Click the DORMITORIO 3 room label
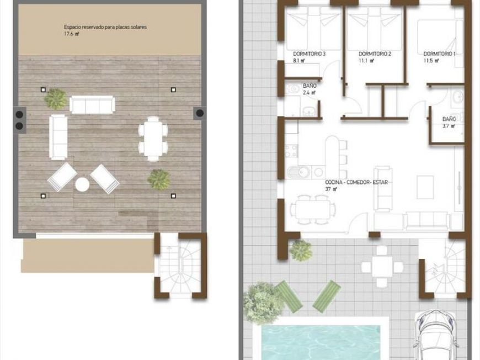(309, 54)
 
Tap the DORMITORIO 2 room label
(375, 54)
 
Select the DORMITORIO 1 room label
(439, 54)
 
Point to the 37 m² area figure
(330, 189)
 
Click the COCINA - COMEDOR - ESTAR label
(356, 182)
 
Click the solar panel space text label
(105, 27)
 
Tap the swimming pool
(320, 342)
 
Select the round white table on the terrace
(82, 185)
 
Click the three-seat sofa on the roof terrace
(93, 105)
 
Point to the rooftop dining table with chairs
(153, 139)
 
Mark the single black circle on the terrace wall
(200, 113)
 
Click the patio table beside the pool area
(381, 266)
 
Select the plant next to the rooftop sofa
(56, 99)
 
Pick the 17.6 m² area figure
(71, 34)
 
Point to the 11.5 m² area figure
(431, 61)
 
